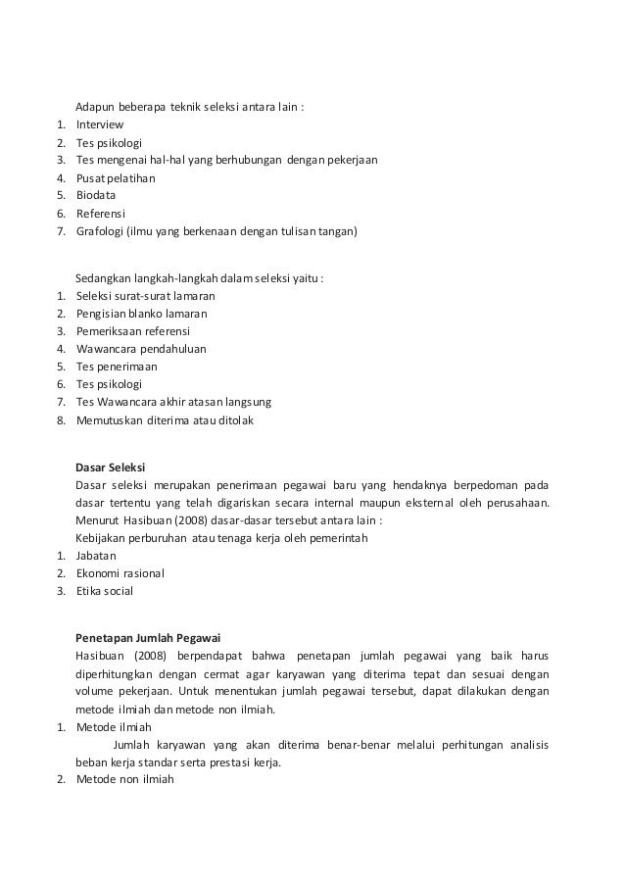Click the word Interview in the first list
coord(100,124)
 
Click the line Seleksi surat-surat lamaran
coord(146,296)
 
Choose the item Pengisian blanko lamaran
coord(142,314)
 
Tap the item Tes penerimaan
coord(117,367)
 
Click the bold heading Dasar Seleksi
coord(110,467)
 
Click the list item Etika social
coord(105,591)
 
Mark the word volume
coord(95,692)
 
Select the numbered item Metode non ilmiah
coord(124,781)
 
